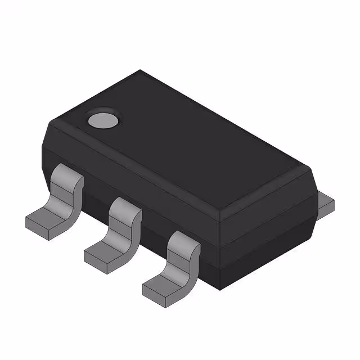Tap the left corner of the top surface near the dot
pos(51,125)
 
